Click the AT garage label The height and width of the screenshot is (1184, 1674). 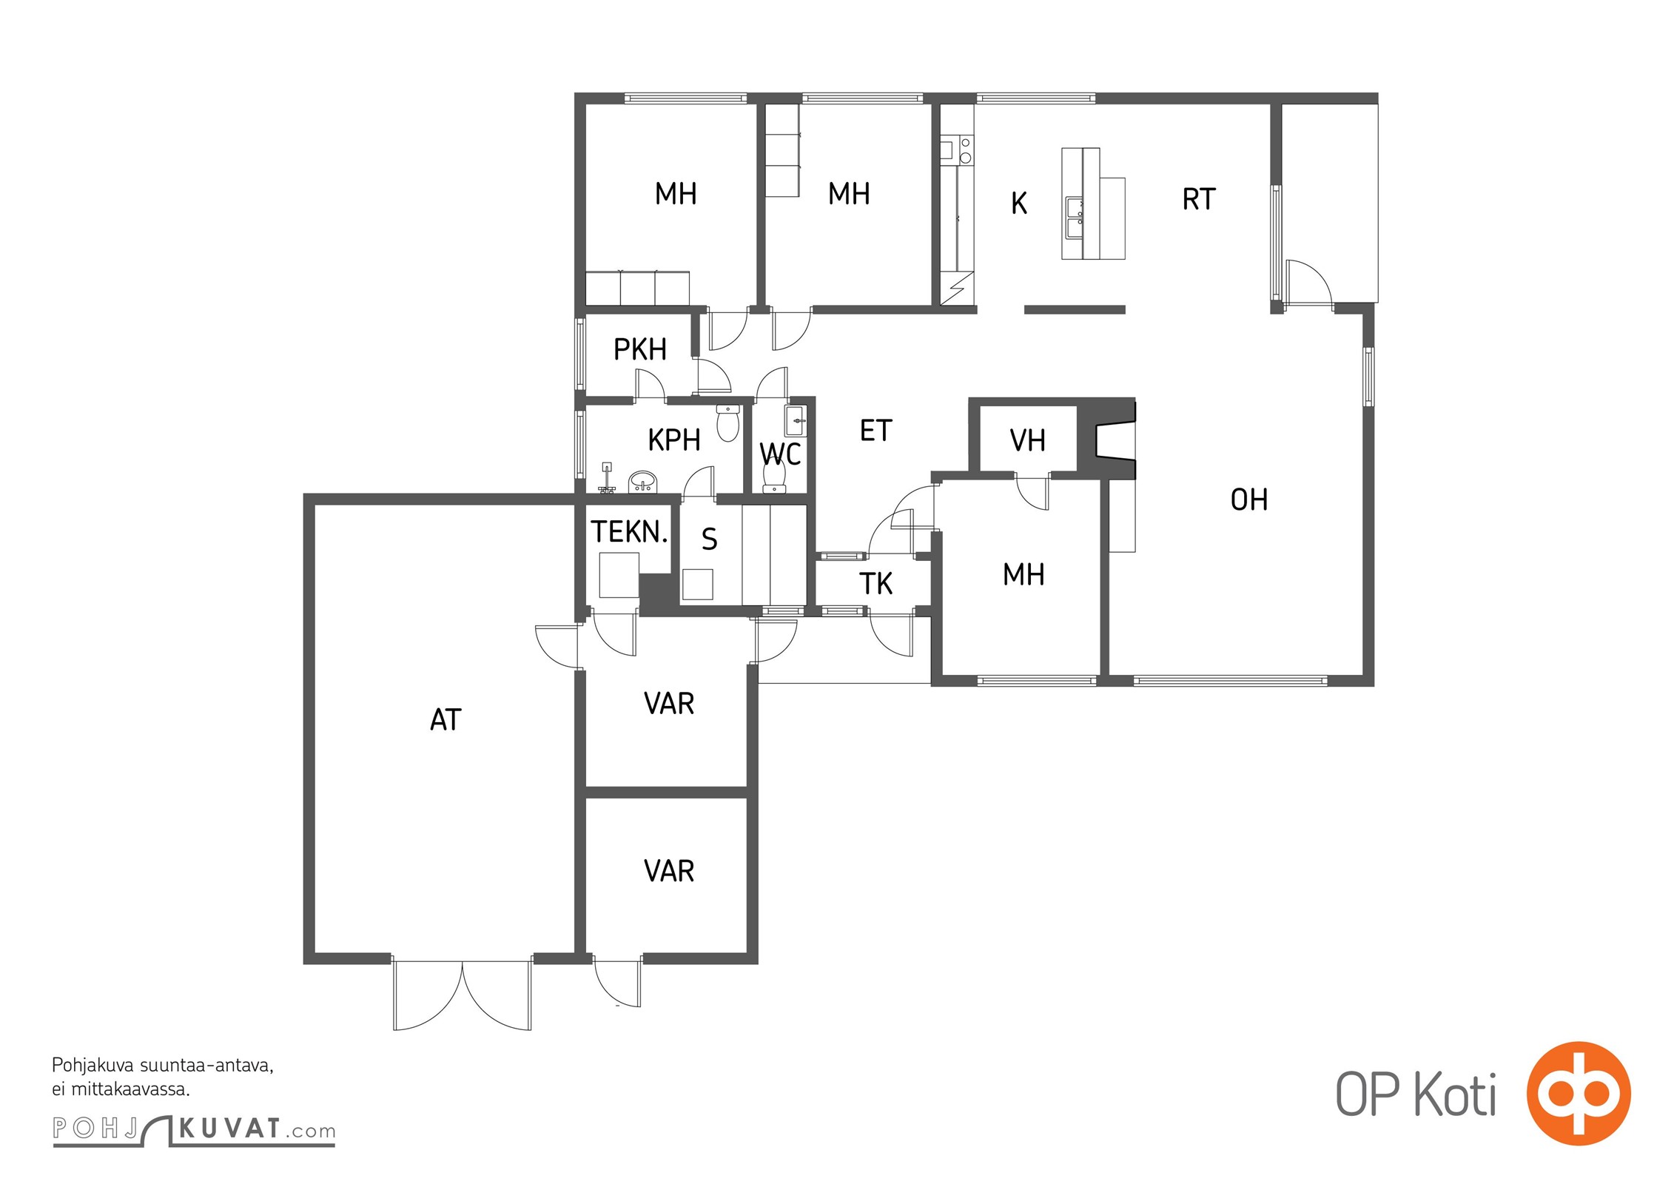[446, 719]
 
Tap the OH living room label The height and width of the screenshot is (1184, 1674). [1249, 500]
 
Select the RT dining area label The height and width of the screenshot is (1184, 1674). [1199, 199]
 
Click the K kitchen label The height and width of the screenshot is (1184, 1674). [1019, 203]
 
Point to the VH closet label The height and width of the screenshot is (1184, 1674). [1028, 440]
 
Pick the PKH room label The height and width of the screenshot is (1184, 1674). [640, 349]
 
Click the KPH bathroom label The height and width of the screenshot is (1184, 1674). [674, 440]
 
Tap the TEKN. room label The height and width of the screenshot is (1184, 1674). [629, 531]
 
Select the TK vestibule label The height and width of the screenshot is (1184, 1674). [876, 584]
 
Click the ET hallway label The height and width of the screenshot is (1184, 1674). [876, 431]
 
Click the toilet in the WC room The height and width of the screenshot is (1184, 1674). [774, 474]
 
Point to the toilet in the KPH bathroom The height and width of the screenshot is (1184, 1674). [728, 423]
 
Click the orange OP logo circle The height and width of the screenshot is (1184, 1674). [1579, 1093]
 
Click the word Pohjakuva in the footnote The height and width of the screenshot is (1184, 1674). [93, 1066]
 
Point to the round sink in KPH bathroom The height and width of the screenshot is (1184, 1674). [642, 483]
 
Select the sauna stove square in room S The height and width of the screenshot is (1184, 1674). [697, 584]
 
